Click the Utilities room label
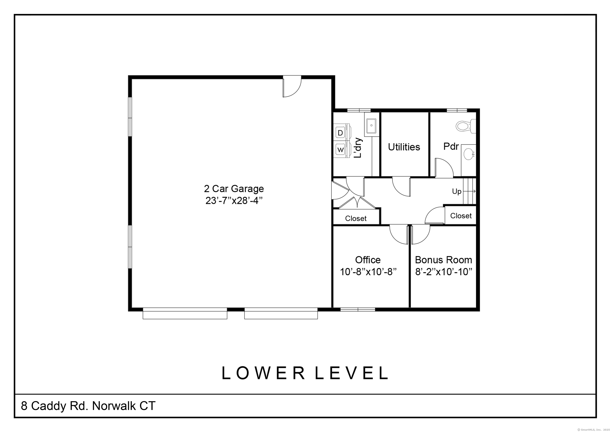click(x=404, y=147)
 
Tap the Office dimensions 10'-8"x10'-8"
click(x=368, y=272)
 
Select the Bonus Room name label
click(x=443, y=260)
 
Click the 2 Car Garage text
click(x=234, y=189)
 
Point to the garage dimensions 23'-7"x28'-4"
click(x=234, y=200)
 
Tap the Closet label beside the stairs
click(x=461, y=216)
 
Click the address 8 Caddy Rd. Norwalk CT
click(x=88, y=406)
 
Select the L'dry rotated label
click(x=358, y=148)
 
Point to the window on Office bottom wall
click(x=358, y=309)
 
